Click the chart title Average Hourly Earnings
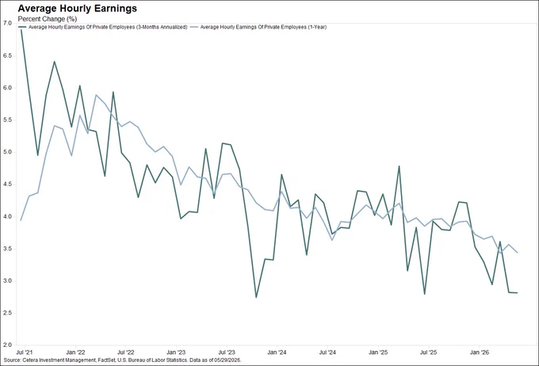[78, 8]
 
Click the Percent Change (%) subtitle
[48, 19]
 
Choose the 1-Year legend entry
[258, 27]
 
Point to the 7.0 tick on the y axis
[7, 23]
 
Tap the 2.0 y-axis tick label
[7, 345]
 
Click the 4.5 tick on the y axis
[7, 185]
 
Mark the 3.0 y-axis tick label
[7, 280]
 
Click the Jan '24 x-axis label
[277, 353]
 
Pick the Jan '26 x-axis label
[480, 353]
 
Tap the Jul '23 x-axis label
[227, 353]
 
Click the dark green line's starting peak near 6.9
[21, 30]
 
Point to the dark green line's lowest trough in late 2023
[256, 297]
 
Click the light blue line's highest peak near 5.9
[96, 95]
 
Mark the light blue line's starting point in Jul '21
[21, 220]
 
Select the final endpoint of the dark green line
[518, 293]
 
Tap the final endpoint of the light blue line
[518, 252]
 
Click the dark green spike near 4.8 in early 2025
[399, 166]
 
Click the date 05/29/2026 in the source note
[229, 360]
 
